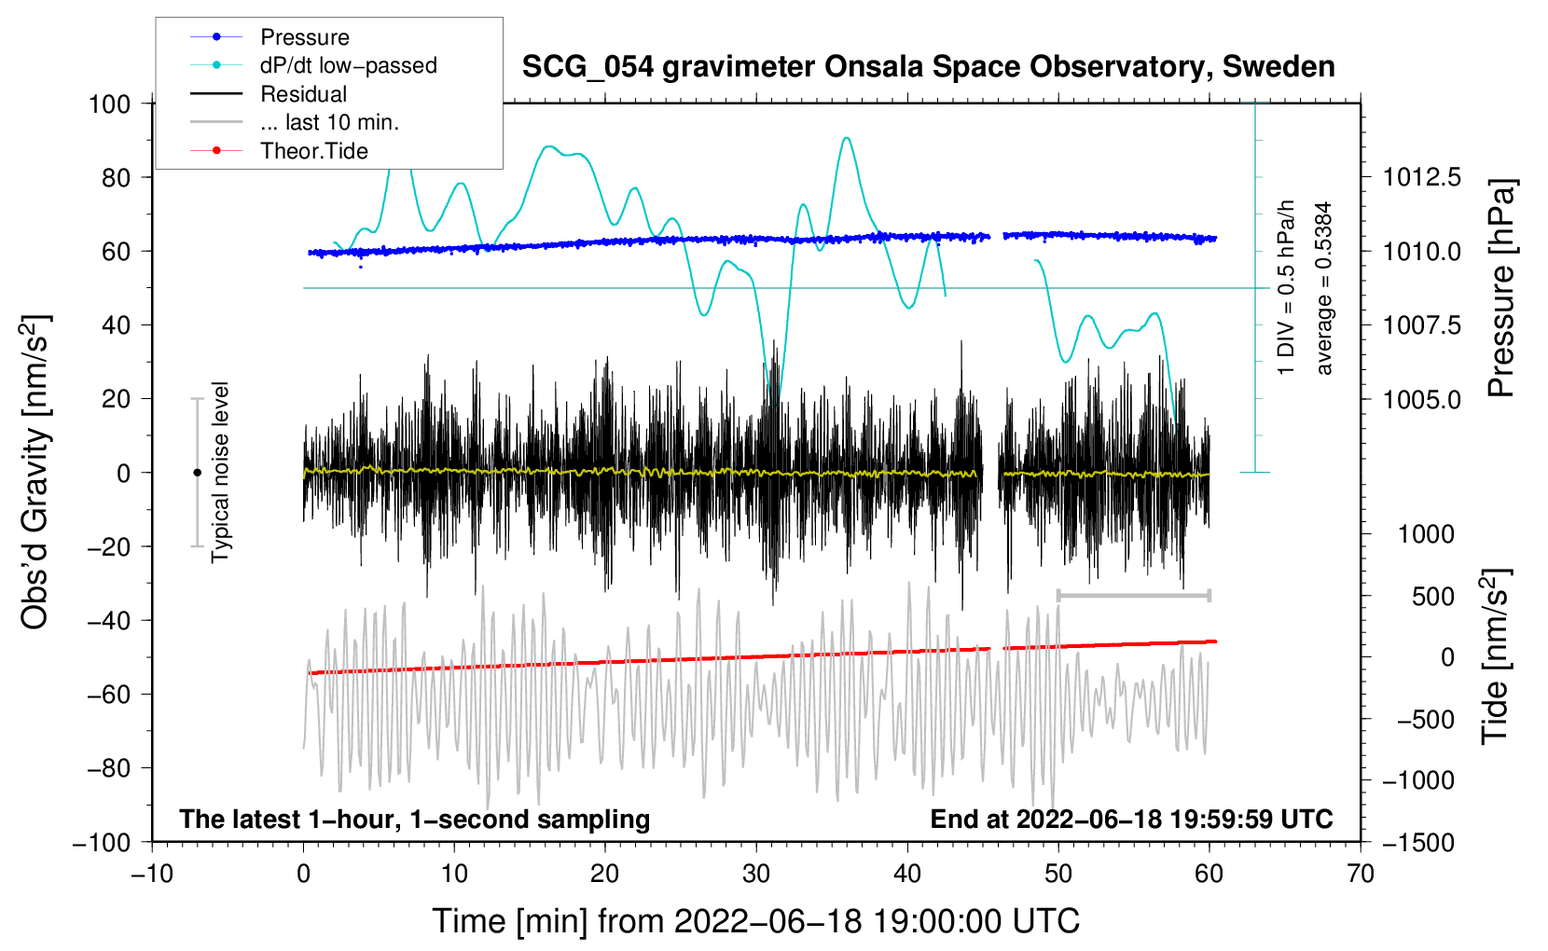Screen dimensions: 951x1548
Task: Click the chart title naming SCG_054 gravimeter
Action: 928,67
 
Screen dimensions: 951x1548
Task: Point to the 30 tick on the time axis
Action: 756,874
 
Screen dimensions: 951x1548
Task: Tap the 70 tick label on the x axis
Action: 1361,874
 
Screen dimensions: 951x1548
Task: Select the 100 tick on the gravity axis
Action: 109,103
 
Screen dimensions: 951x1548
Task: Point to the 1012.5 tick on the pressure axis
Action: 1421,177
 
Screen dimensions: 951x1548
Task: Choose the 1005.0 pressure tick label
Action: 1421,399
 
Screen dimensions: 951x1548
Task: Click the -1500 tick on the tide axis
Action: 1418,842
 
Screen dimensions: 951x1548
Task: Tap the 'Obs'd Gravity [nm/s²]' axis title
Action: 35,473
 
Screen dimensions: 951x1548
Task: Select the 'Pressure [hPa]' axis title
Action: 1500,288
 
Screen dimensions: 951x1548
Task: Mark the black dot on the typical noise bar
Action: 197,473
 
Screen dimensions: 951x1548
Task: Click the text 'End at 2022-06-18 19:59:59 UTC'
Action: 1131,819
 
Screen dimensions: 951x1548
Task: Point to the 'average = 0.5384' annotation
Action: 1324,288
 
